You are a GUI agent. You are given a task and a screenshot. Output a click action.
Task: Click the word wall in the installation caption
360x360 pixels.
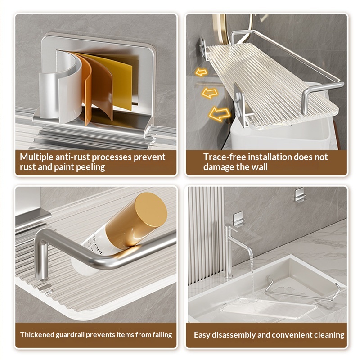click(260, 167)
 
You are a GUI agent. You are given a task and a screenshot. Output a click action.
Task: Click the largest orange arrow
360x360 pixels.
click(220, 114)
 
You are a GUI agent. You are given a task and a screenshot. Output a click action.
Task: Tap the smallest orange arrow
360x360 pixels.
click(201, 72)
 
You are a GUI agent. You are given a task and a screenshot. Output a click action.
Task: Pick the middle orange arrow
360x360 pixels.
click(210, 93)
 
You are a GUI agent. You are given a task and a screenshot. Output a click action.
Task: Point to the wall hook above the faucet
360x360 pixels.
click(238, 219)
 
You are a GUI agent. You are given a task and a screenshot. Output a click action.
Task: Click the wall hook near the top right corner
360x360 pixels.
click(300, 195)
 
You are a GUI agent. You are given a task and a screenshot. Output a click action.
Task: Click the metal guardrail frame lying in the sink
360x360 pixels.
click(302, 290)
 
